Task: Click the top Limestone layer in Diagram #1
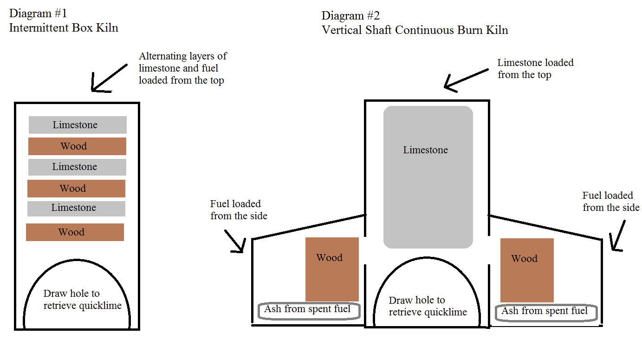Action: (78, 125)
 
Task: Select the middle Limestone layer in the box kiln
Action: (77, 167)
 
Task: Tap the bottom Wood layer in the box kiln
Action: (75, 232)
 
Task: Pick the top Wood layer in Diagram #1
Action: (77, 146)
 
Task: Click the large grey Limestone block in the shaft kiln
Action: (428, 177)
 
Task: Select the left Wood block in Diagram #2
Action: (332, 269)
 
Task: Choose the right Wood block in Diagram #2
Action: (527, 270)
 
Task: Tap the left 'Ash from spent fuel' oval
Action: (309, 311)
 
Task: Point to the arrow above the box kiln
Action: (109, 78)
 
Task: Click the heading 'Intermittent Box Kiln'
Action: (64, 28)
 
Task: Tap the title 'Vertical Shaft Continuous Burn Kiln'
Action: (415, 31)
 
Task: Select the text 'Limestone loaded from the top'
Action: (535, 69)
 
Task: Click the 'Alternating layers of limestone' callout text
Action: (183, 68)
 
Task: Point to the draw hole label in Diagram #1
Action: (82, 300)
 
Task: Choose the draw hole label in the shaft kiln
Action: (427, 306)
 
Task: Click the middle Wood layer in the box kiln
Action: (76, 189)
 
